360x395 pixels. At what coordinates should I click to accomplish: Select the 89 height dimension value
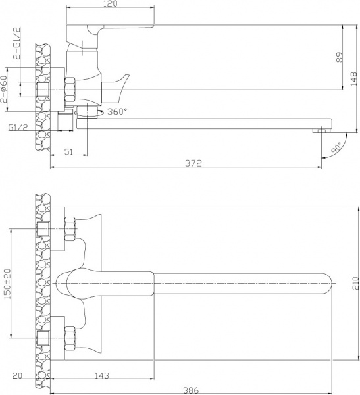pyautogui.click(x=339, y=57)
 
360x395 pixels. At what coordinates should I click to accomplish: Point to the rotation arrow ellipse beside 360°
pyautogui.click(x=90, y=113)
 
